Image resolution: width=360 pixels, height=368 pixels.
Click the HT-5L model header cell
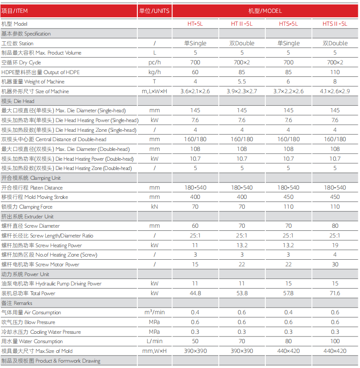coord(195,24)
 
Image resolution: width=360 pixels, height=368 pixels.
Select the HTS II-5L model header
coord(335,24)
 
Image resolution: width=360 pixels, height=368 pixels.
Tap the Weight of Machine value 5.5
coord(242,82)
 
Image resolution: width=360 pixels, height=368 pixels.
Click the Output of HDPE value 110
coord(335,72)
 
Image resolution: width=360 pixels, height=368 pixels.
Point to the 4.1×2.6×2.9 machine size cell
coord(335,91)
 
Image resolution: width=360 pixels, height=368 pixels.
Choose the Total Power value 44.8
coord(195,293)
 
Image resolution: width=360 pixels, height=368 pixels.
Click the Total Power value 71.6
coord(335,293)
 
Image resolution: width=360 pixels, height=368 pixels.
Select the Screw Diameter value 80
coord(335,226)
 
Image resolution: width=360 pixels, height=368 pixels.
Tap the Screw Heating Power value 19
coord(335,245)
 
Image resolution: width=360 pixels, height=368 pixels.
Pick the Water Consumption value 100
coord(335,341)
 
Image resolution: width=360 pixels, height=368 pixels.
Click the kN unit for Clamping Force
coord(154,207)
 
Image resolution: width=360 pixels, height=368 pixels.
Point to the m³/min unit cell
coord(154,313)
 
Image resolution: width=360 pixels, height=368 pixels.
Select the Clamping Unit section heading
coord(31,178)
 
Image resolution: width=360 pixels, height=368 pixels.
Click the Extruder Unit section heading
coord(28,216)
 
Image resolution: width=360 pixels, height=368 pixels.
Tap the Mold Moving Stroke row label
coord(35,197)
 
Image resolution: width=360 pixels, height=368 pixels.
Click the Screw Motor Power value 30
coord(335,265)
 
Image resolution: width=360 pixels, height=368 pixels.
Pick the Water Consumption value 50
coord(195,341)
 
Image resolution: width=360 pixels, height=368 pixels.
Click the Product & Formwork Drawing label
coord(51,361)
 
